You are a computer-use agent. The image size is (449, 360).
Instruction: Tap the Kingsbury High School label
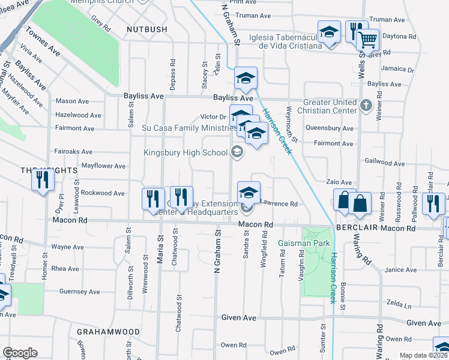185,152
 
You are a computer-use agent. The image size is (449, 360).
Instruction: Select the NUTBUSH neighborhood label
145,28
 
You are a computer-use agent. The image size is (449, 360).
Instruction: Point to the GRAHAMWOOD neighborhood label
108,332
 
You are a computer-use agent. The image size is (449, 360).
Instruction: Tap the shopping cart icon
367,40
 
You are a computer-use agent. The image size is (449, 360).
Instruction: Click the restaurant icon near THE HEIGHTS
42,180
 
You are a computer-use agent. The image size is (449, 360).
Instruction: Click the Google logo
20,353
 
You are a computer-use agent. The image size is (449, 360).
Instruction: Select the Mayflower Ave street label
103,166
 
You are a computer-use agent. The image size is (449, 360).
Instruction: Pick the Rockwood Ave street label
103,193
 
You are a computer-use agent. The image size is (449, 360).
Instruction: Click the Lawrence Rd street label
279,204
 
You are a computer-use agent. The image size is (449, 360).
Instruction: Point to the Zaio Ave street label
339,182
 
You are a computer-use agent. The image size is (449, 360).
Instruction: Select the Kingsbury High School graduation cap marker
237,152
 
